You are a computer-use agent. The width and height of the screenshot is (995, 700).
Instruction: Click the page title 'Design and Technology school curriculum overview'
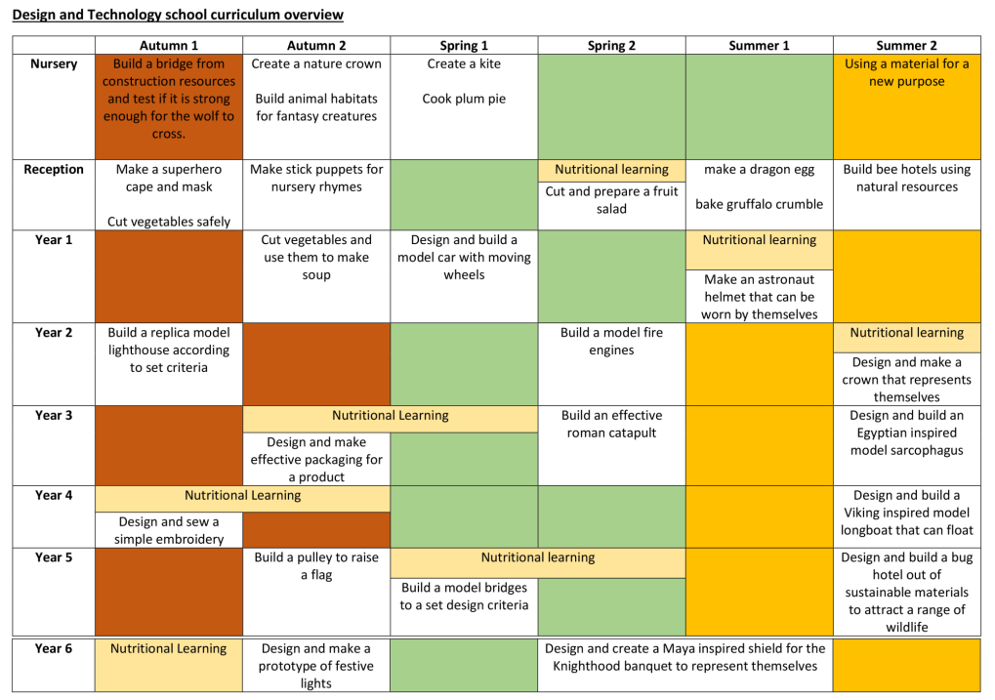click(177, 15)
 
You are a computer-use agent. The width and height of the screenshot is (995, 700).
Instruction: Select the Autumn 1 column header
click(169, 46)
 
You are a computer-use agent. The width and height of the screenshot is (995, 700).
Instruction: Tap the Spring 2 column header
click(611, 46)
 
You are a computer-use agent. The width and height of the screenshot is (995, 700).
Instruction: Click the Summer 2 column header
click(906, 46)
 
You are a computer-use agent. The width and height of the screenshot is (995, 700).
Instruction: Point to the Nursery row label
click(54, 64)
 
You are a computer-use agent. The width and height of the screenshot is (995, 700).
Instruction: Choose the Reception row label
click(54, 170)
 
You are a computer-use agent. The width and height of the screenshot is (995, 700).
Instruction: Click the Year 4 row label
click(54, 496)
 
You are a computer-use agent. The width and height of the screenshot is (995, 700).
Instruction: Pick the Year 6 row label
click(54, 649)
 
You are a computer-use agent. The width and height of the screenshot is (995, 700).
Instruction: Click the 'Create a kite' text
click(464, 64)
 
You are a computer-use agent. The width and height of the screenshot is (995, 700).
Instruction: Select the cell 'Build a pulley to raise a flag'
click(316, 566)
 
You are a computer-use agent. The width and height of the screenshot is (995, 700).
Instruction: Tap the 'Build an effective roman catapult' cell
click(611, 425)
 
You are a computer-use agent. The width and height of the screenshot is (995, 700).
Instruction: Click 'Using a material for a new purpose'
click(906, 73)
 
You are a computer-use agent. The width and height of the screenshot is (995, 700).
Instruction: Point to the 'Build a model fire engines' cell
click(611, 342)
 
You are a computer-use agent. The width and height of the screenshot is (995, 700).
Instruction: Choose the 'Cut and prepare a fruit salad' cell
click(611, 200)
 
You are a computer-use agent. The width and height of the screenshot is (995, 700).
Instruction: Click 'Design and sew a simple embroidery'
click(169, 530)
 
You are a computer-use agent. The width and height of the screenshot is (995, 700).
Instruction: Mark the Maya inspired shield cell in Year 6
click(684, 657)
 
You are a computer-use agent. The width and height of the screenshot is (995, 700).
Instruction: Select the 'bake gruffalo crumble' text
click(759, 205)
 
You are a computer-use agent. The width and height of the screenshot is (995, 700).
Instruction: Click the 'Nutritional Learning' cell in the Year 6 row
click(169, 649)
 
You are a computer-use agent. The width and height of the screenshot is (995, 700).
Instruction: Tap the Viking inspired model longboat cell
click(906, 514)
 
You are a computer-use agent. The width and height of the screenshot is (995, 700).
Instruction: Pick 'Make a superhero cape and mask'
click(169, 179)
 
